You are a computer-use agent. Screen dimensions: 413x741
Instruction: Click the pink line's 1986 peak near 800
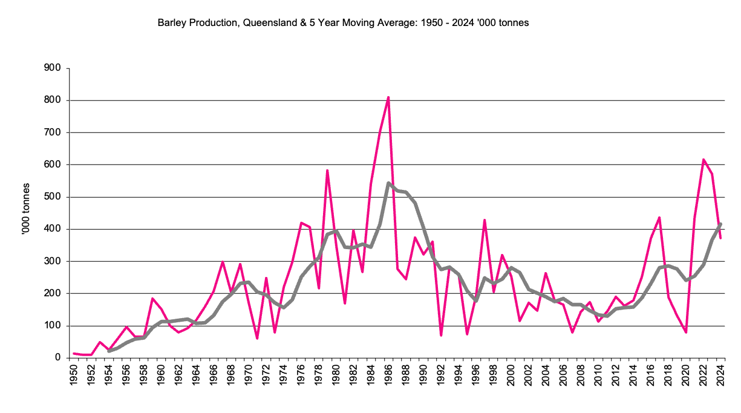click(x=388, y=97)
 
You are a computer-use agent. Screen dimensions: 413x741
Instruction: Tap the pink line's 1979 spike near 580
click(x=327, y=171)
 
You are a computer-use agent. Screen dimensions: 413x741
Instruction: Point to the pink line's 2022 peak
click(x=703, y=160)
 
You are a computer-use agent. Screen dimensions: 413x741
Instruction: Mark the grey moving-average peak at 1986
click(x=388, y=183)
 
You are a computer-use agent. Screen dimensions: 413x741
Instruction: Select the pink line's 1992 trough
click(x=441, y=335)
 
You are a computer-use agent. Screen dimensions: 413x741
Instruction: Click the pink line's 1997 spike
click(x=485, y=220)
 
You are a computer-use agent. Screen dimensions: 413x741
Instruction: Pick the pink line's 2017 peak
click(x=659, y=218)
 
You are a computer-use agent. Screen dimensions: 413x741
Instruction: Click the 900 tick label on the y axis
click(x=53, y=68)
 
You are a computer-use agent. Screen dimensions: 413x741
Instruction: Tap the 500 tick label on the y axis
click(x=53, y=197)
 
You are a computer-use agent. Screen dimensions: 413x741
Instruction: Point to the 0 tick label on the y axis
click(x=58, y=358)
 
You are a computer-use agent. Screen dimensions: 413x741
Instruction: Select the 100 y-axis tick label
click(x=53, y=326)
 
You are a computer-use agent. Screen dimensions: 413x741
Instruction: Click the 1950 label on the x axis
click(x=74, y=375)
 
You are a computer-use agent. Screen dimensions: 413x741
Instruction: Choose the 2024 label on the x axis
click(x=720, y=375)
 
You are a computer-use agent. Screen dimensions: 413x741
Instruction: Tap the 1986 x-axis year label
click(x=388, y=375)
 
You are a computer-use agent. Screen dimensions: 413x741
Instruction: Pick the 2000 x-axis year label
click(x=511, y=375)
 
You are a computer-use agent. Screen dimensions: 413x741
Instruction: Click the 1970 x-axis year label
click(x=249, y=375)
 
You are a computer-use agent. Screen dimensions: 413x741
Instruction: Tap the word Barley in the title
click(x=171, y=23)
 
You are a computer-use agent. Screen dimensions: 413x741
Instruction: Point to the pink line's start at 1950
click(x=74, y=353)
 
